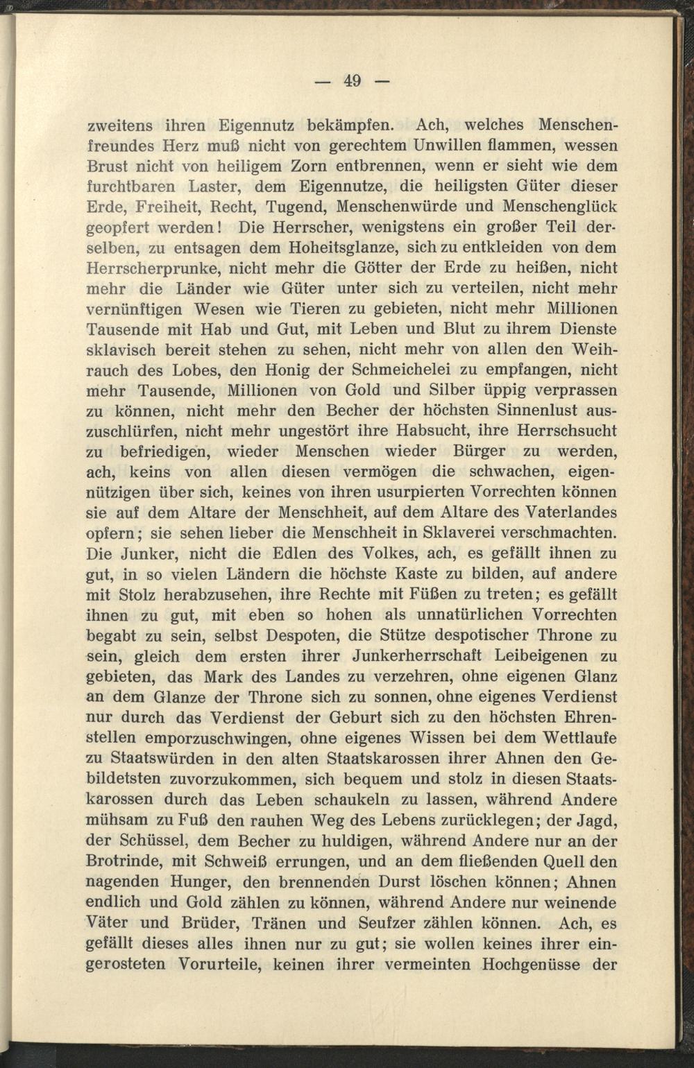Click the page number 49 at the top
pos(352,81)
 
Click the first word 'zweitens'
pos(120,126)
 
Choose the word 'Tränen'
pos(287,923)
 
